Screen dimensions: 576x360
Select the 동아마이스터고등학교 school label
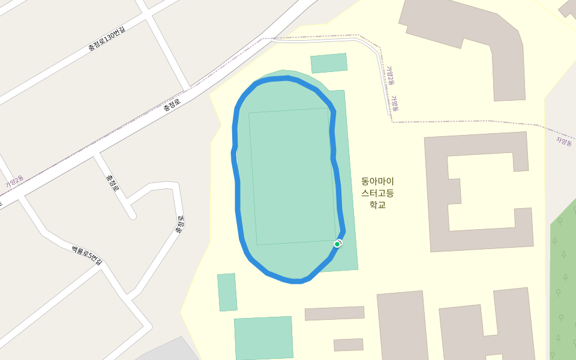pos(377,193)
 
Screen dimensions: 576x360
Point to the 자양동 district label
pos(565,141)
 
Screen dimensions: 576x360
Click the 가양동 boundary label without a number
pos(395,104)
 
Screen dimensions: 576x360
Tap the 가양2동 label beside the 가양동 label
pos(390,76)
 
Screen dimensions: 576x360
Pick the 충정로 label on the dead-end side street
pos(112,183)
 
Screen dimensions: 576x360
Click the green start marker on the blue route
pos(337,244)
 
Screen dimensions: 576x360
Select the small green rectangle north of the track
pos(329,63)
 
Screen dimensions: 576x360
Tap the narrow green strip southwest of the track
pos(227,292)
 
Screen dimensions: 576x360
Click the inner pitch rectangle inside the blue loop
pos(292,176)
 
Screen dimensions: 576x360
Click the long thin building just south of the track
pos(334,313)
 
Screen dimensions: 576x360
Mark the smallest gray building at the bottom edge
pos(348,344)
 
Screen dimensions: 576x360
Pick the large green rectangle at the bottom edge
pos(263,338)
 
